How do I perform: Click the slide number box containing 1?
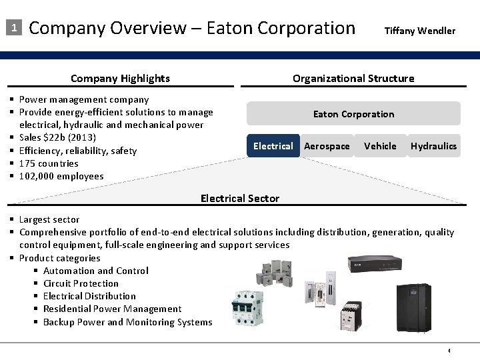pyautogui.click(x=13, y=28)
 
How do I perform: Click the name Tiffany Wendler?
pyautogui.click(x=419, y=31)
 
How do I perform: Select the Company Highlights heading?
pyautogui.click(x=120, y=79)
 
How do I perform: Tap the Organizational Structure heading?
pyautogui.click(x=353, y=79)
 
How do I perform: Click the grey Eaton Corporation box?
pyautogui.click(x=353, y=114)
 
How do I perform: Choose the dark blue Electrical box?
pyautogui.click(x=273, y=146)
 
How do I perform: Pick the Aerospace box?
pyautogui.click(x=327, y=146)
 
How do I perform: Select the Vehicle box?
pyautogui.click(x=380, y=146)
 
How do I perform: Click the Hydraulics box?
pyautogui.click(x=433, y=146)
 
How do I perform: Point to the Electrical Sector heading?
pyautogui.click(x=240, y=198)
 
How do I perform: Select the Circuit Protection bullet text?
pyautogui.click(x=81, y=283)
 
